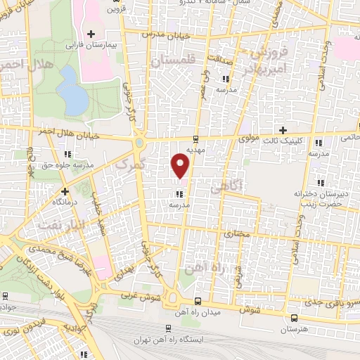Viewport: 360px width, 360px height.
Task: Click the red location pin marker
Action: (181, 166)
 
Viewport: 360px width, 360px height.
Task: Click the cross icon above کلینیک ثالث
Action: (283, 130)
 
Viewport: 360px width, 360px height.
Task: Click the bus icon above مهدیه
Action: (195, 139)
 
